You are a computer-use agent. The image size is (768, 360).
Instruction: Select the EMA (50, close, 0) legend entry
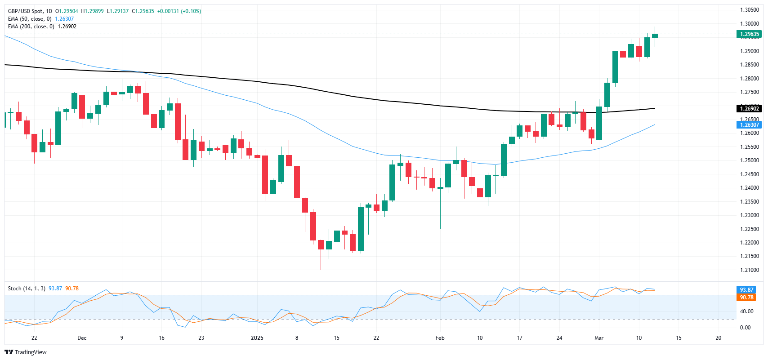[30, 19]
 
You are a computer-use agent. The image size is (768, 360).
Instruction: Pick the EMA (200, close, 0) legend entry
[31, 27]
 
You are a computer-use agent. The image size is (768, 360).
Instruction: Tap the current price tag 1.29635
[749, 34]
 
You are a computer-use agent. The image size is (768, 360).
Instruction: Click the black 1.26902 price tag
[749, 108]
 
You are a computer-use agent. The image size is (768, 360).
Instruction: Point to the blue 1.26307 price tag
[749, 125]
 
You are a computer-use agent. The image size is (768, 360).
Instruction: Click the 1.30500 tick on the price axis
[749, 10]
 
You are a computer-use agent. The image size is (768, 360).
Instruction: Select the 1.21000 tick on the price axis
[749, 270]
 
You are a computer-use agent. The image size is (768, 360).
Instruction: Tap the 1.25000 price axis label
[749, 160]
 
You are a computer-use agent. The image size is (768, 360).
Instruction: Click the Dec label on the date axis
[82, 338]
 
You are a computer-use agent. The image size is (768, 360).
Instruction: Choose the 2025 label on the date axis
[257, 338]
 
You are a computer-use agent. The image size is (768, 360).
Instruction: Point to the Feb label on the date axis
[440, 338]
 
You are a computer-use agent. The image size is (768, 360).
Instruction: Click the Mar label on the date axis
[598, 338]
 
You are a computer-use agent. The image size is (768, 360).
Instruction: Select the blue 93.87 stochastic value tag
[746, 290]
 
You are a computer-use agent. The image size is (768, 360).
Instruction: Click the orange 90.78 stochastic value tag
[746, 298]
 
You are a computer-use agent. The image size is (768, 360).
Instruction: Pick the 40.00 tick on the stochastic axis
[746, 311]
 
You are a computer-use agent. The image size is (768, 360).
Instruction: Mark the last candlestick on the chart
[655, 36]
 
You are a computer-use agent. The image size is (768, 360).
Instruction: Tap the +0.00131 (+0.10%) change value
[179, 11]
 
